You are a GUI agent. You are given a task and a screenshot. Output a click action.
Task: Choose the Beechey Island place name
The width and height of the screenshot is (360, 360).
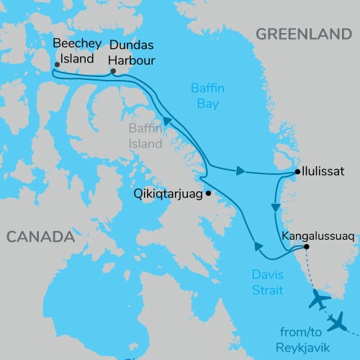click(x=74, y=50)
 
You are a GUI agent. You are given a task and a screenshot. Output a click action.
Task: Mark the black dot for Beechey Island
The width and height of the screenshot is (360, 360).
click(x=57, y=64)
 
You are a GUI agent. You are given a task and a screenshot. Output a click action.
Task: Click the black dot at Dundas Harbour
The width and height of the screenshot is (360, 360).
click(x=113, y=71)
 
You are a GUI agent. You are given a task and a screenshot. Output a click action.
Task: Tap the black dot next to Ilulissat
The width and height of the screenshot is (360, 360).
click(x=297, y=172)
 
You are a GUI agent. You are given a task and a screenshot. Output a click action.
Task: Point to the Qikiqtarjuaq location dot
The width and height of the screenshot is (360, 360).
click(x=208, y=193)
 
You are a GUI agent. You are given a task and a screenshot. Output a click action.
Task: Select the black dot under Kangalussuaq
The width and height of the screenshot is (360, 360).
click(x=307, y=247)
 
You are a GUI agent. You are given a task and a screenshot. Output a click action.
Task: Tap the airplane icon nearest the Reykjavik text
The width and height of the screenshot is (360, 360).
click(x=336, y=322)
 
